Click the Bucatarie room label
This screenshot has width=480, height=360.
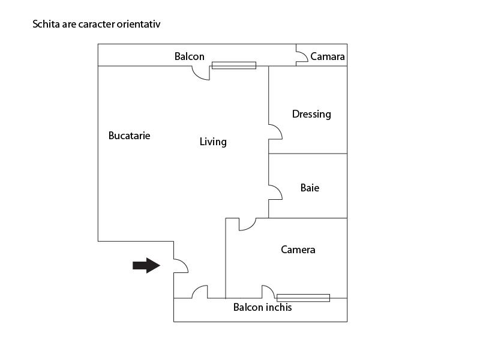[x=129, y=136]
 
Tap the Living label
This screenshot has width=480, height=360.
[x=213, y=142]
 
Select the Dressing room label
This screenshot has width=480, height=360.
[x=311, y=114]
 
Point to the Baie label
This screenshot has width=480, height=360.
[x=310, y=188]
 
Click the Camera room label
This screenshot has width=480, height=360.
[x=298, y=250]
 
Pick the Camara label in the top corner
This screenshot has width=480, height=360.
[x=328, y=57]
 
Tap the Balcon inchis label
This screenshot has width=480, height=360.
[x=262, y=307]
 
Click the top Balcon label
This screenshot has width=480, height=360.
[x=190, y=56]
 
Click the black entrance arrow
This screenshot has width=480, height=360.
[x=146, y=265]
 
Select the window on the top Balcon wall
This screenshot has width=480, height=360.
[x=234, y=65]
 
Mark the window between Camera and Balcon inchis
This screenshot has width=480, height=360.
[x=303, y=298]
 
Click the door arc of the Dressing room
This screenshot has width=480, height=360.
[x=275, y=132]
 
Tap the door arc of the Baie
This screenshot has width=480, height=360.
[x=275, y=192]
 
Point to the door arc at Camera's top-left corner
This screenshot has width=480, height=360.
[x=247, y=224]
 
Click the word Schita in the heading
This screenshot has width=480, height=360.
[x=46, y=25]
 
